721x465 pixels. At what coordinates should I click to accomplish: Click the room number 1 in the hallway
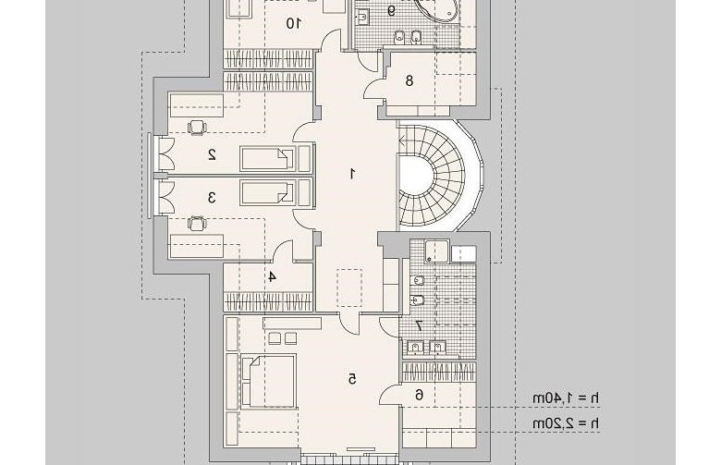(x=352, y=174)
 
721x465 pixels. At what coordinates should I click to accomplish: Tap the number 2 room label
(x=212, y=154)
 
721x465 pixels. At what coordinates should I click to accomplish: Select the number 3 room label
(x=212, y=197)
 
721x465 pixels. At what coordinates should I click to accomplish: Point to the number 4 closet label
(x=272, y=277)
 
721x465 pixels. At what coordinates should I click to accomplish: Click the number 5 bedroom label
(x=352, y=379)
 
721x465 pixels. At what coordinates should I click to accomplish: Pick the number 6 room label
(x=420, y=395)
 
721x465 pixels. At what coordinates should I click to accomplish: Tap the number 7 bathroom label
(x=419, y=325)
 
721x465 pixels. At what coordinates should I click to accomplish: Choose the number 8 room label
(x=409, y=81)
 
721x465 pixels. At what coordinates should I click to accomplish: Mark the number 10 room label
(x=293, y=23)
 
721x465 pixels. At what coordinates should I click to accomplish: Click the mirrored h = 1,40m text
(x=566, y=398)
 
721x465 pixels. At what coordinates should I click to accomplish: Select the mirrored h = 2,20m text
(x=566, y=423)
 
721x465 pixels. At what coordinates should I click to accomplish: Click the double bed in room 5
(x=268, y=381)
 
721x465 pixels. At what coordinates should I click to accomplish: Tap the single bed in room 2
(x=268, y=159)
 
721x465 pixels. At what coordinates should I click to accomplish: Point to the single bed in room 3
(x=268, y=192)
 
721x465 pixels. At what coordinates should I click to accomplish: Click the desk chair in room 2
(x=197, y=128)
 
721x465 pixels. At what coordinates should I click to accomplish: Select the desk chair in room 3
(x=197, y=224)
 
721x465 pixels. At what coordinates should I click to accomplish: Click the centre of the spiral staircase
(x=415, y=176)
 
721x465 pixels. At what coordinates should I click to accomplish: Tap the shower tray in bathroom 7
(x=436, y=251)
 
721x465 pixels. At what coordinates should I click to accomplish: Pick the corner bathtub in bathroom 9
(x=436, y=8)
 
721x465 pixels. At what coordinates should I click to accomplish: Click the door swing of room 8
(x=374, y=89)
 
